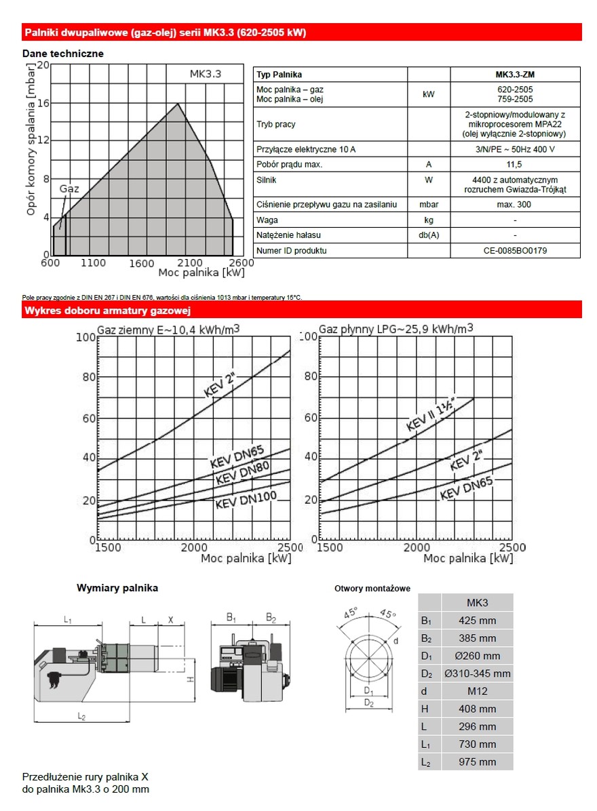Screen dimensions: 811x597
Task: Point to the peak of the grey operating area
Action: point(178,104)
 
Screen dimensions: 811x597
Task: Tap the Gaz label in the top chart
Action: point(69,189)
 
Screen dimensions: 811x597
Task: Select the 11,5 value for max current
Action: point(515,164)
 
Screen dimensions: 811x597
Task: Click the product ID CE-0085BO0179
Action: point(515,250)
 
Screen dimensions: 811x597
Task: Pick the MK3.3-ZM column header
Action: point(515,75)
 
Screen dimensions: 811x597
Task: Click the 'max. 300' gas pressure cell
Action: point(515,204)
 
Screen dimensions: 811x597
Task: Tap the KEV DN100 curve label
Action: point(246,501)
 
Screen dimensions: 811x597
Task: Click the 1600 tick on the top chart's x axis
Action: point(142,263)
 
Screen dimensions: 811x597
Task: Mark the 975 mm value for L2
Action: point(477,761)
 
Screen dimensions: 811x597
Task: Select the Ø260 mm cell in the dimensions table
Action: point(477,656)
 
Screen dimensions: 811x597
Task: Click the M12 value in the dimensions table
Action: point(477,691)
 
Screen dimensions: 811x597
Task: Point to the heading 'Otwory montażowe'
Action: point(372,589)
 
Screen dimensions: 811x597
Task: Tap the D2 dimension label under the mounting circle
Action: point(368,703)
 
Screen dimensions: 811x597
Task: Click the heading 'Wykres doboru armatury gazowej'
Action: point(107,311)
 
